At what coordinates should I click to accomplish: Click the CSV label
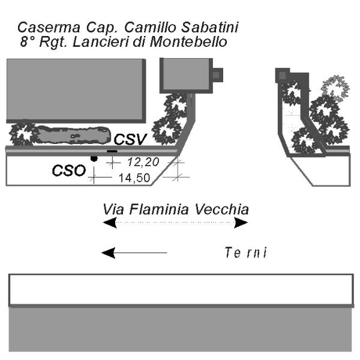pos(130,139)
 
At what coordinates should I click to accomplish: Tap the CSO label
pos(68,170)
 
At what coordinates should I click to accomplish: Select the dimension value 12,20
pos(143,162)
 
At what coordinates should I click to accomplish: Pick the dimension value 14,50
pos(134,178)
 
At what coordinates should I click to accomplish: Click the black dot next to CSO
pos(94,158)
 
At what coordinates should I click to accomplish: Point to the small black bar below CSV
pos(112,151)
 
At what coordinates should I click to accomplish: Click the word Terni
pos(246,253)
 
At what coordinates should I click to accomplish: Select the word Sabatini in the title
pos(210,28)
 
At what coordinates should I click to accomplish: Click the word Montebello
pos(188,42)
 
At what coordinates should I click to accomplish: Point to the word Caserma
pos(49,28)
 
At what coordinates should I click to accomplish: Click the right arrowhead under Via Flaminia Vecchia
pos(241,223)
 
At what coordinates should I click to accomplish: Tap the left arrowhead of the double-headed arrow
pos(110,223)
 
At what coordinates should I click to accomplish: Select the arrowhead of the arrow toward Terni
pos(109,253)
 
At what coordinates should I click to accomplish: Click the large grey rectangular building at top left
pos(76,91)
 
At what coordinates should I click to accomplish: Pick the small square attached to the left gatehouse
pos(217,75)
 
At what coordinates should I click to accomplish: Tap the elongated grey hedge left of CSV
pos(73,135)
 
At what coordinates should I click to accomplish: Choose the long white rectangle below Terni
pos(181,290)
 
